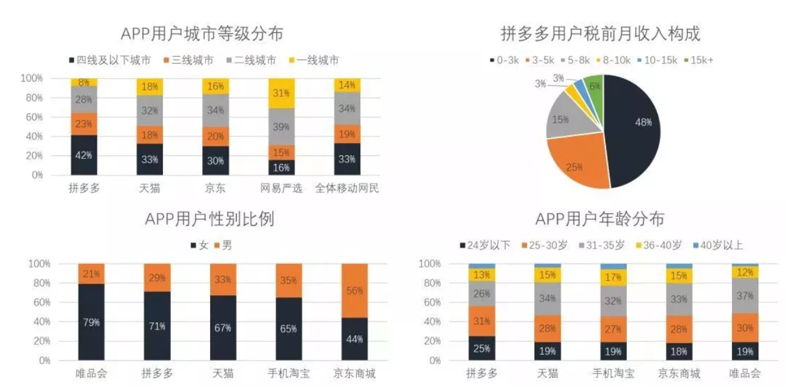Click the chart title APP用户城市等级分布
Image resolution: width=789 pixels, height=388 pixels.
click(202, 34)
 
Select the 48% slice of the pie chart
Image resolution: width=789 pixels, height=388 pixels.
click(636, 129)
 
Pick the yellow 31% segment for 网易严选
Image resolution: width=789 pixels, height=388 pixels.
click(281, 93)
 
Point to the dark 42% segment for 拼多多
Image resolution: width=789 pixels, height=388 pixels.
click(84, 155)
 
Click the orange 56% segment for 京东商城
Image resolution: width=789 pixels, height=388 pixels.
click(354, 290)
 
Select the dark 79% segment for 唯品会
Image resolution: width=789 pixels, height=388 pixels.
click(91, 322)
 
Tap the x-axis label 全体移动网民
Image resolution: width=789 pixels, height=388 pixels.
click(347, 188)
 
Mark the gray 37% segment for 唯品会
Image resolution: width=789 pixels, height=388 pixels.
click(745, 295)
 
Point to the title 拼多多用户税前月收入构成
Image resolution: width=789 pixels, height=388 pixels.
click(600, 34)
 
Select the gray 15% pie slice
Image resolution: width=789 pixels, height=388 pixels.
click(561, 120)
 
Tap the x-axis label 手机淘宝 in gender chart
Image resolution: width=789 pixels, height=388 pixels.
click(288, 373)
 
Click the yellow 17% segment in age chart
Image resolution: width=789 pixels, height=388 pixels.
click(613, 277)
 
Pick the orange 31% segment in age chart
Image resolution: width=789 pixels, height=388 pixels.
click(481, 320)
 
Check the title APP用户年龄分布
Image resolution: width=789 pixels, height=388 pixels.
click(600, 219)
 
